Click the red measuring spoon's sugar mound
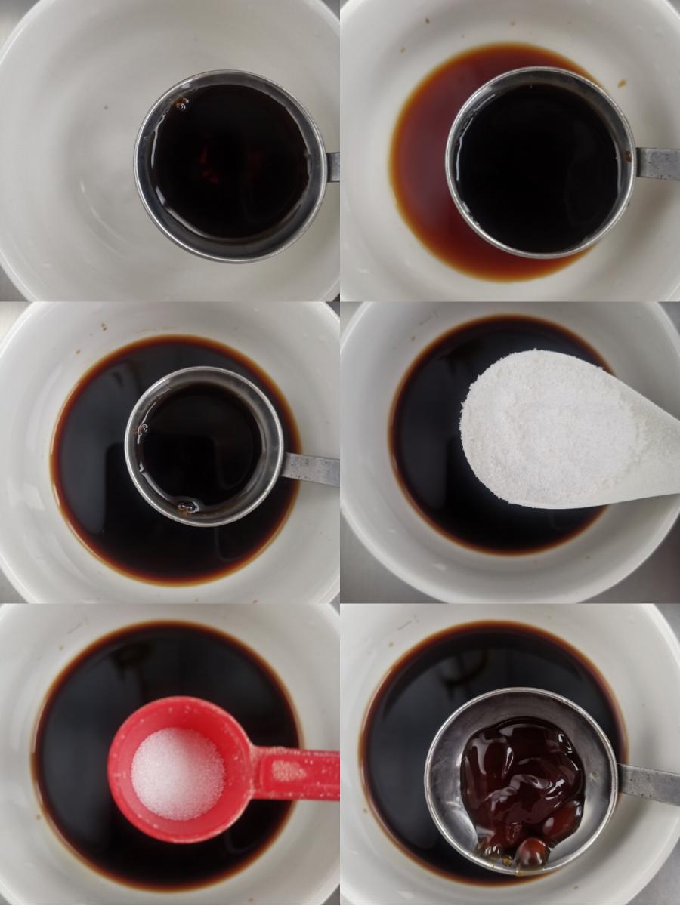178,773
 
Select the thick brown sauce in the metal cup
521,778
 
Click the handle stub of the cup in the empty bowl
333,166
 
